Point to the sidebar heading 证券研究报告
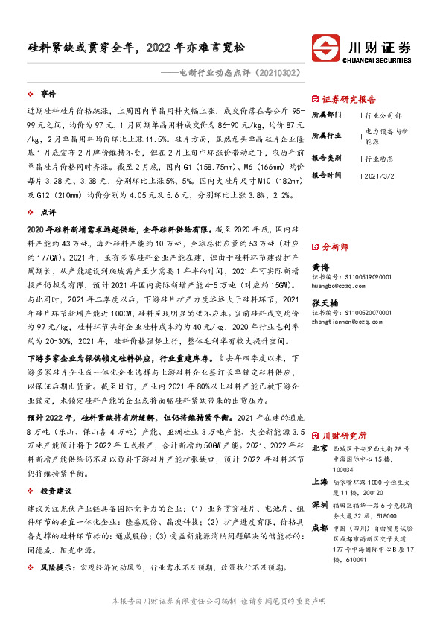click(x=349, y=99)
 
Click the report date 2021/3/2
click(x=382, y=175)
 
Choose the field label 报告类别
click(x=326, y=159)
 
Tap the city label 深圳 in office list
click(x=319, y=505)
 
